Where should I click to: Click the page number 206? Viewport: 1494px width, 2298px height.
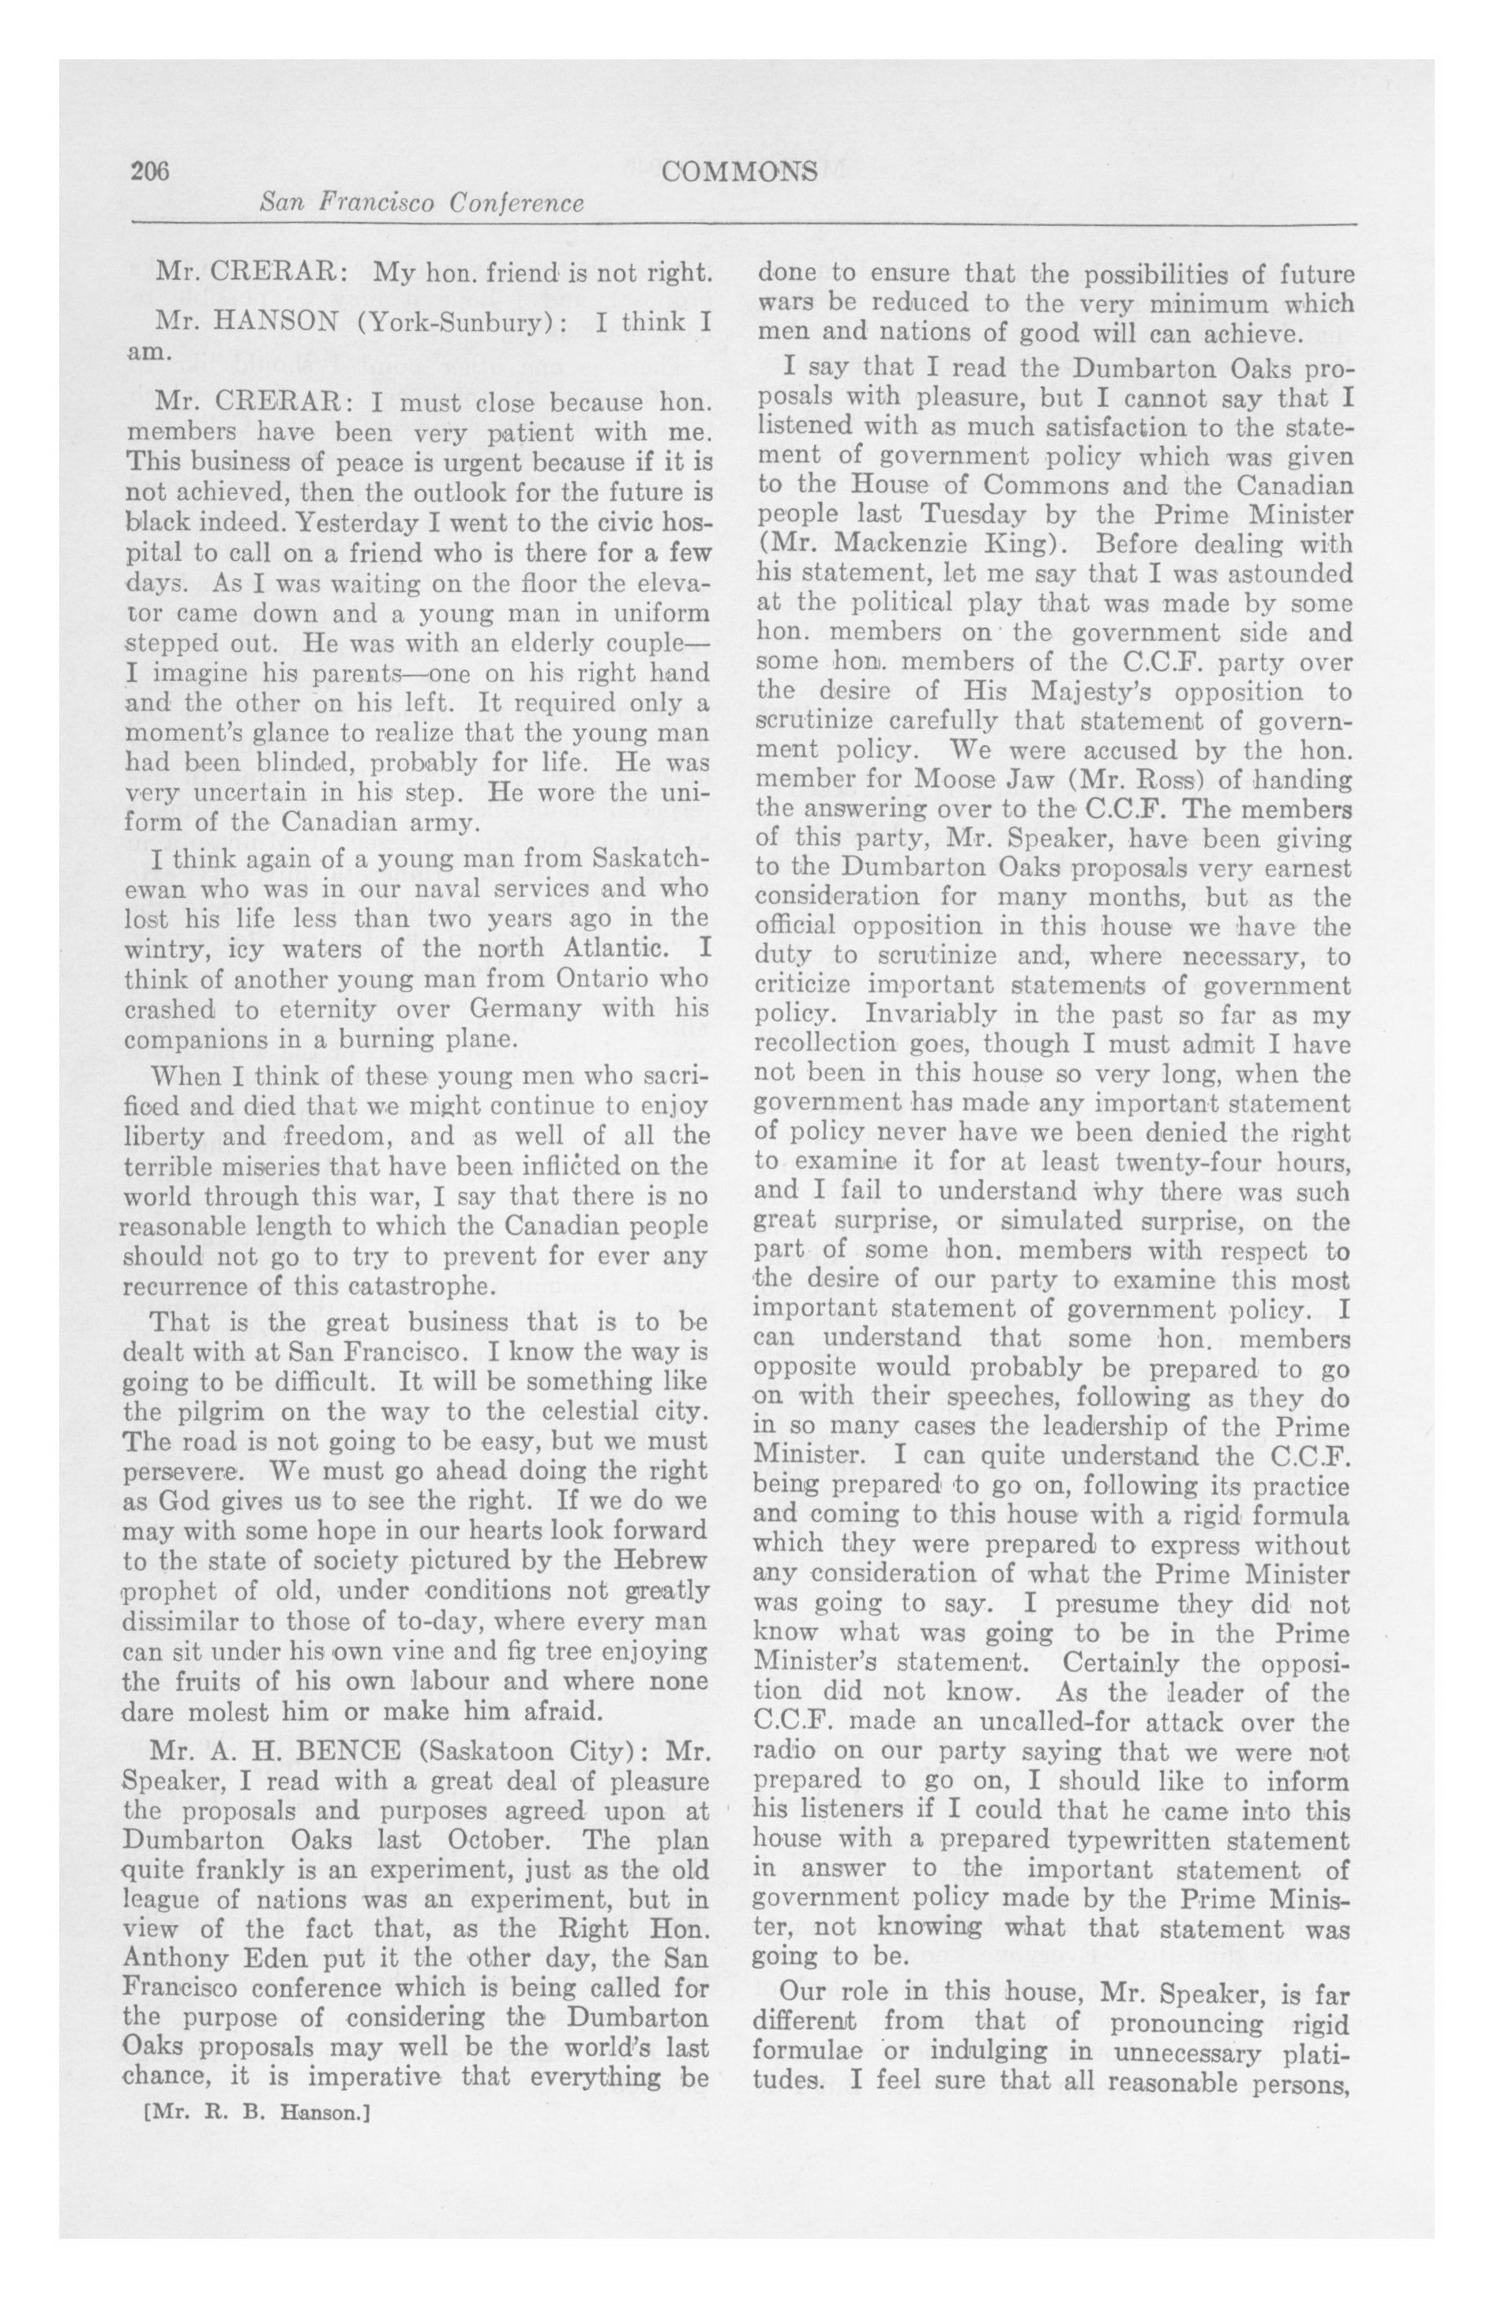pos(148,171)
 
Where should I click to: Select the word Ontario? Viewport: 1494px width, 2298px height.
pos(606,978)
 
